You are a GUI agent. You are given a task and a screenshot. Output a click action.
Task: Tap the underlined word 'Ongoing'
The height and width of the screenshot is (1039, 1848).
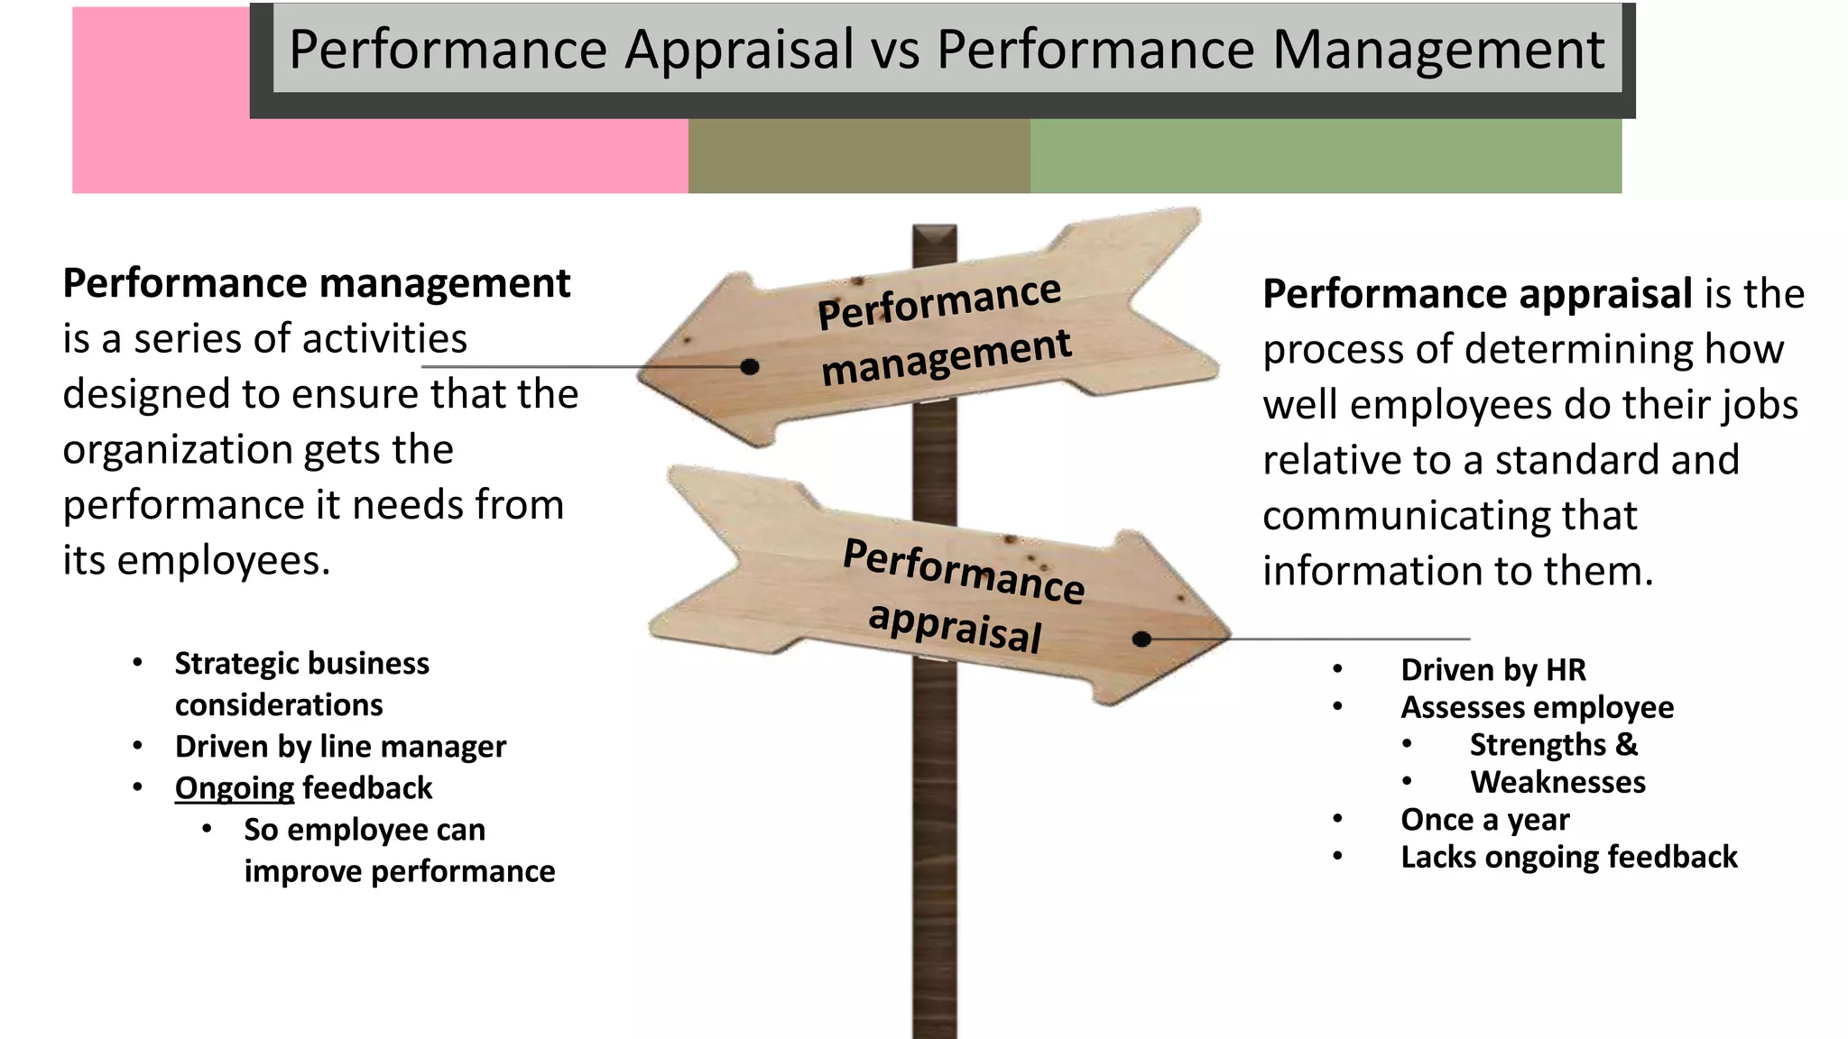pyautogui.click(x=235, y=788)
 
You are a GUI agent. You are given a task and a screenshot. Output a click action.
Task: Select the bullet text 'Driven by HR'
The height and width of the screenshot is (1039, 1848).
pyautogui.click(x=1492, y=670)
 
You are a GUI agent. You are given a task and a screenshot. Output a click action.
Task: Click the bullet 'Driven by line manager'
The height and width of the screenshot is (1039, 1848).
pyautogui.click(x=340, y=747)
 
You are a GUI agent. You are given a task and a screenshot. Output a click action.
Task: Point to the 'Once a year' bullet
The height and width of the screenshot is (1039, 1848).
pyautogui.click(x=1484, y=820)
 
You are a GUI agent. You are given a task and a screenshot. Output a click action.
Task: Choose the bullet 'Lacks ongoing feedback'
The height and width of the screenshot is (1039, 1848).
pyautogui.click(x=1568, y=857)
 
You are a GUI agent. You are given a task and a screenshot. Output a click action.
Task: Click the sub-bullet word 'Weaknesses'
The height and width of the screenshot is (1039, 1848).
pyautogui.click(x=1557, y=782)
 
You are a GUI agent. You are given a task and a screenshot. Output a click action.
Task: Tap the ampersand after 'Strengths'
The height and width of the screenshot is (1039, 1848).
pyautogui.click(x=1626, y=745)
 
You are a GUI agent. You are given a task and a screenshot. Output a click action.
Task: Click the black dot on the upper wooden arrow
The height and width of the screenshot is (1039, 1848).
pyautogui.click(x=749, y=367)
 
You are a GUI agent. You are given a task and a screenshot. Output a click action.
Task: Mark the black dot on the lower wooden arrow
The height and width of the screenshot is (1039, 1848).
pyautogui.click(x=1141, y=639)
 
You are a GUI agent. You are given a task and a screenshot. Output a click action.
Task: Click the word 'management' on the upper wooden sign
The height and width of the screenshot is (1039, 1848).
pyautogui.click(x=946, y=357)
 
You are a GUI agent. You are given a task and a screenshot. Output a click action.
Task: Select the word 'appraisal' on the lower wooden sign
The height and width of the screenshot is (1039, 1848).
pyautogui.click(x=955, y=625)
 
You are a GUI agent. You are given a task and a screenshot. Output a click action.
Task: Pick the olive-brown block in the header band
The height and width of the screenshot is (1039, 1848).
pyautogui.click(x=858, y=156)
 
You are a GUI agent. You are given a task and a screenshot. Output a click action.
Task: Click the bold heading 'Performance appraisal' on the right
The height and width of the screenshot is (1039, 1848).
pyautogui.click(x=1476, y=294)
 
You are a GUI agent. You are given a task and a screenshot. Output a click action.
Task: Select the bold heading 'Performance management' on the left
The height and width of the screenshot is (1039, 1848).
pyautogui.click(x=316, y=283)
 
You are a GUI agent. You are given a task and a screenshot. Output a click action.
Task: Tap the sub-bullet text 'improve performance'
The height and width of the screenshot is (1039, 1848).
pyautogui.click(x=399, y=871)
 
